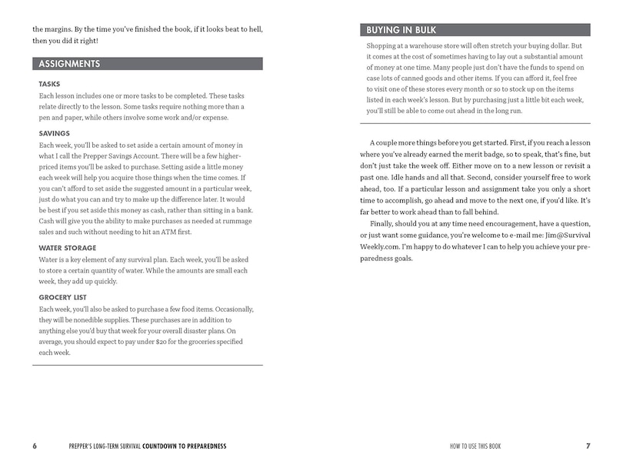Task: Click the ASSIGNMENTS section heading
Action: click(70, 64)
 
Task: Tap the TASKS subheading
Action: click(49, 84)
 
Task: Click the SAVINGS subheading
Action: click(54, 133)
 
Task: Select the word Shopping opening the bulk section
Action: click(383, 46)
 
